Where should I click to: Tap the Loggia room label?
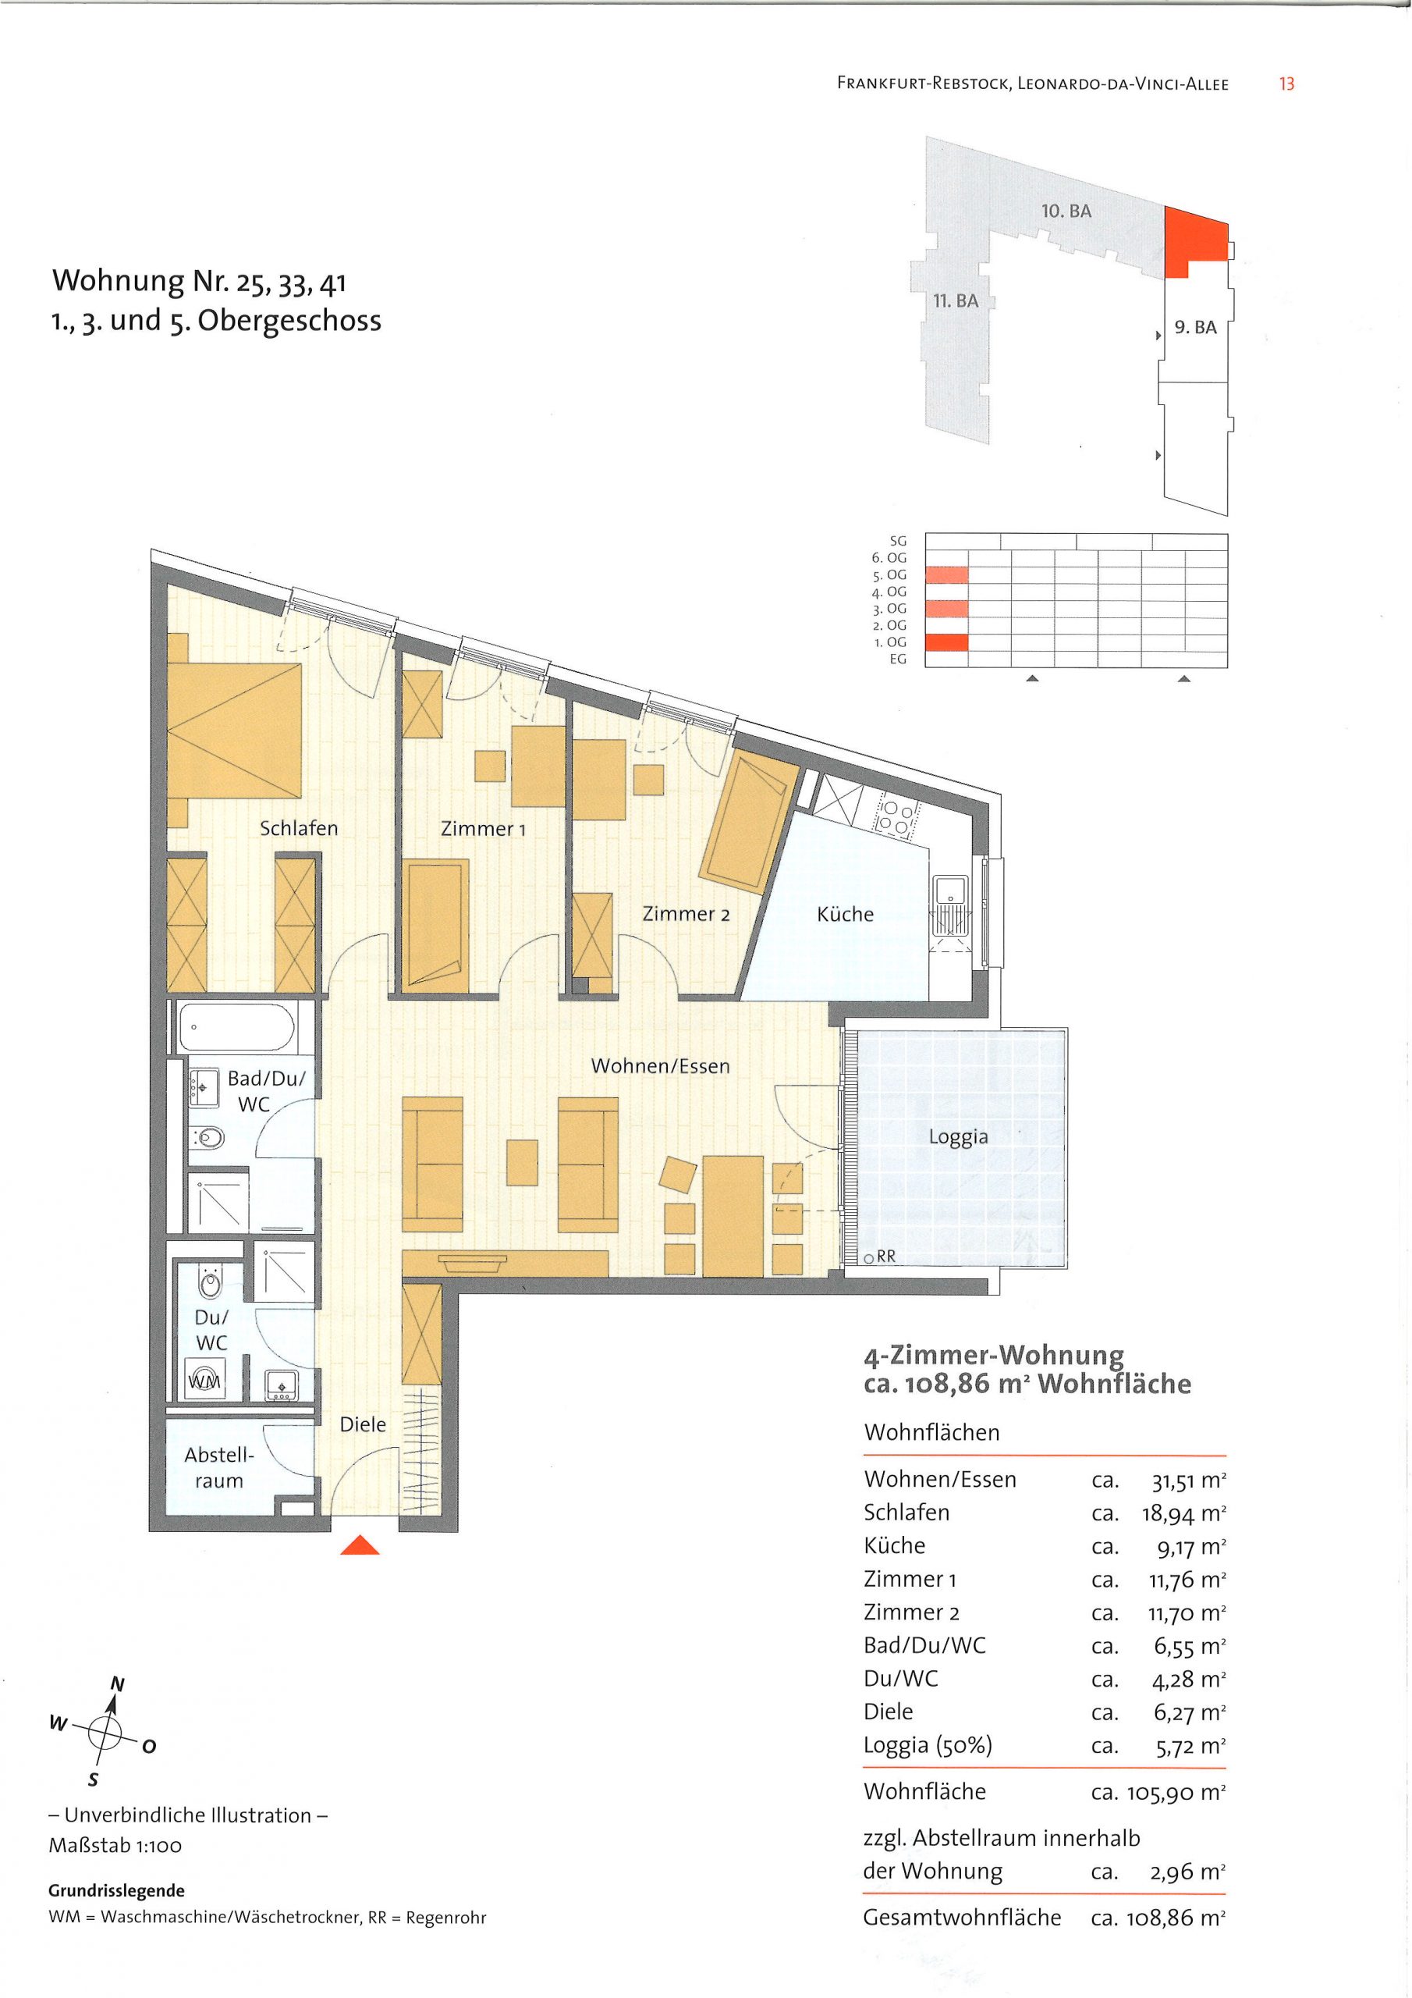958,1136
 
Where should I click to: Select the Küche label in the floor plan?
845,914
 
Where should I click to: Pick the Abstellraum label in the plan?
219,1467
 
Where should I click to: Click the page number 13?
1286,84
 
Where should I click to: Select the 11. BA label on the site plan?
956,301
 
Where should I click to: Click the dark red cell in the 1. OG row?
945,642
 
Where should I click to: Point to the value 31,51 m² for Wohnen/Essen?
1187,1478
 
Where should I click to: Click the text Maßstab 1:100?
115,1846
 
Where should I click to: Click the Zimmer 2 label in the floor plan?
686,914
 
